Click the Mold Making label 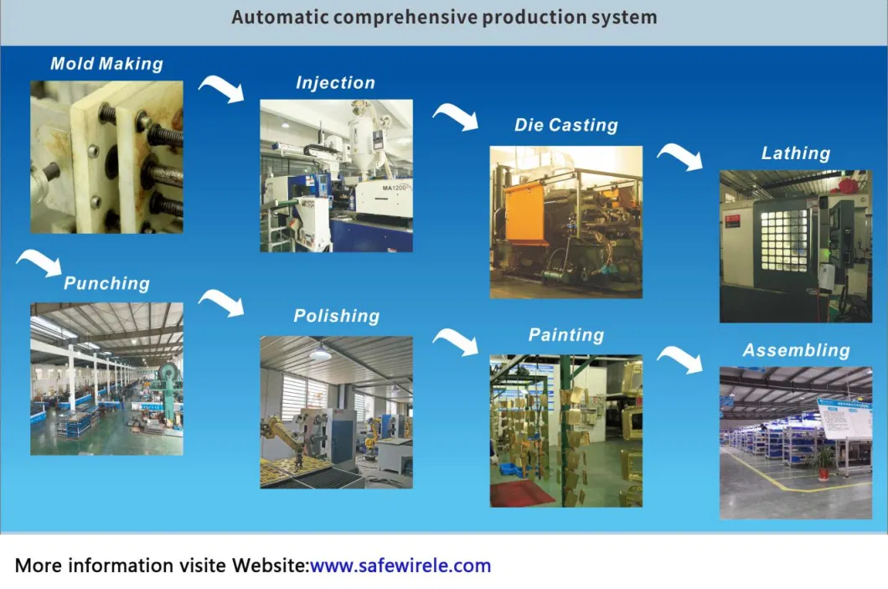[106, 64]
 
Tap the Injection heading [335, 83]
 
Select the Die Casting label [565, 125]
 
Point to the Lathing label [796, 153]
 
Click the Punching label [106, 283]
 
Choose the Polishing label [337, 316]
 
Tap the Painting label [566, 334]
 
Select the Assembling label [796, 350]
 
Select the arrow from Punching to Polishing [223, 301]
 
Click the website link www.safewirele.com [400, 566]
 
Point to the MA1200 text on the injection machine [395, 188]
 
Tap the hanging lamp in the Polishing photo [321, 354]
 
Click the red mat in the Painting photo [522, 493]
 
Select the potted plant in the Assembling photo [824, 462]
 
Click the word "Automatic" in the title [281, 17]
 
